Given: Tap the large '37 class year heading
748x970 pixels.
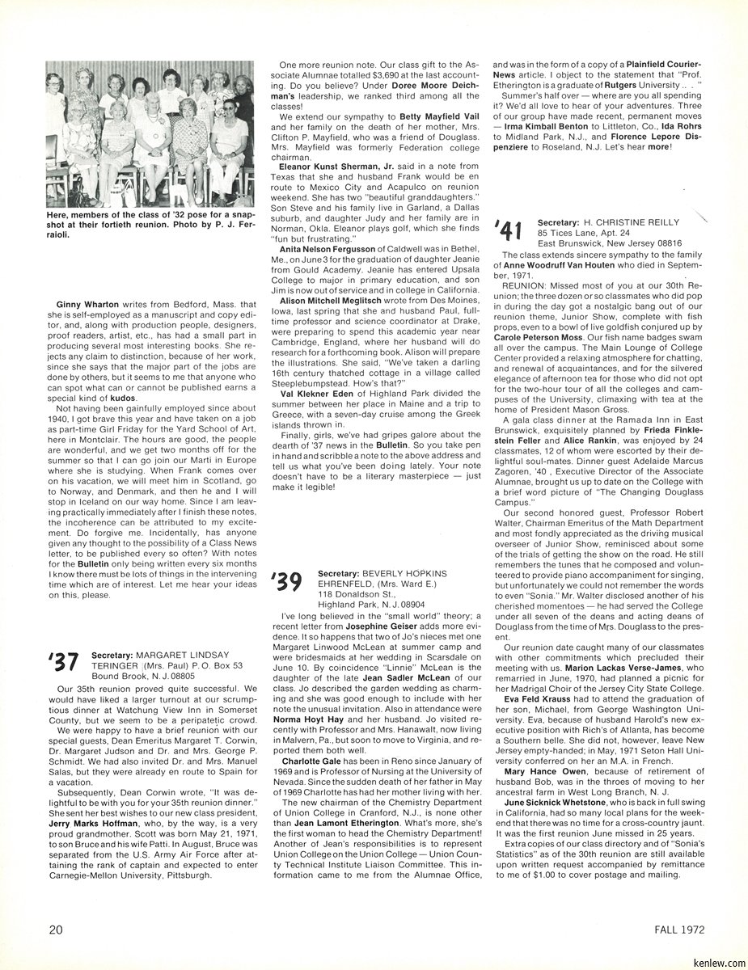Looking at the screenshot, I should (x=61, y=662).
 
